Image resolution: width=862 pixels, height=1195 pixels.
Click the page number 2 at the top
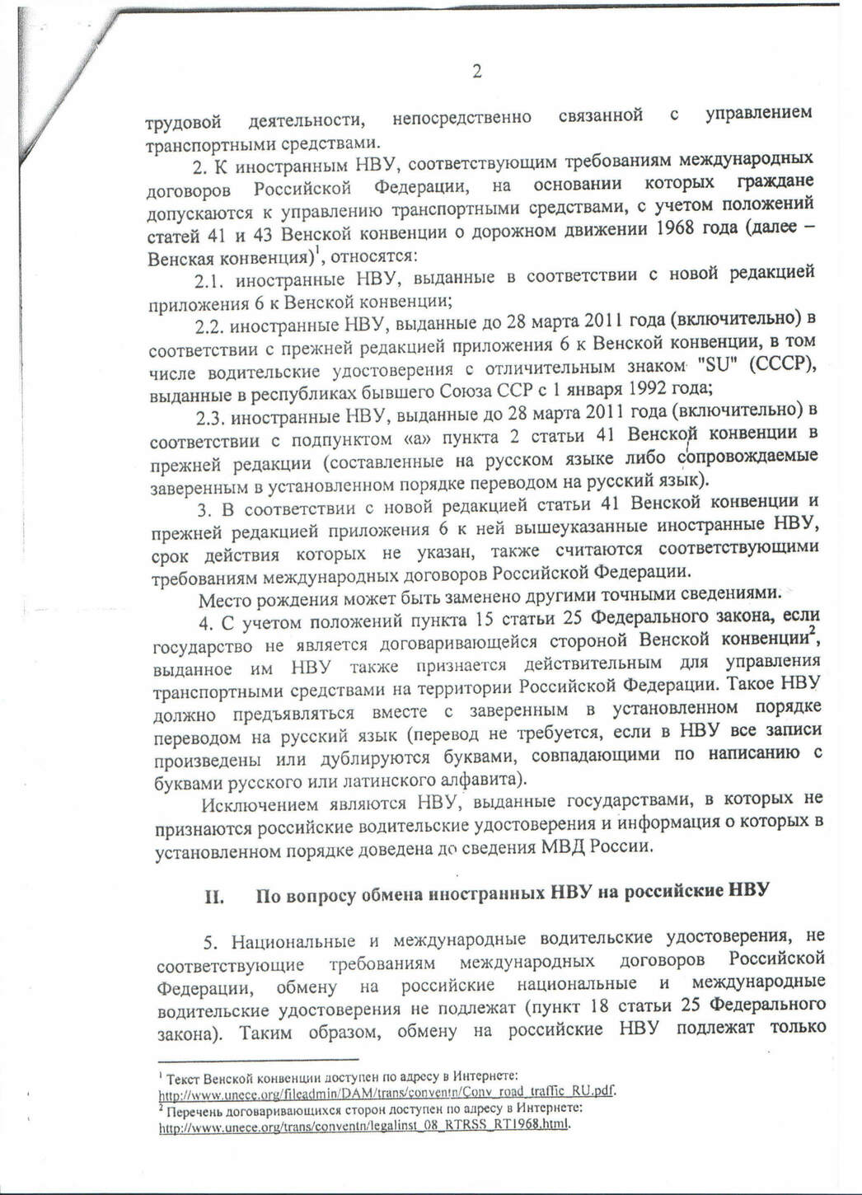tap(476, 72)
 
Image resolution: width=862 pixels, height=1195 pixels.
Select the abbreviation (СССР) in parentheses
tap(782, 364)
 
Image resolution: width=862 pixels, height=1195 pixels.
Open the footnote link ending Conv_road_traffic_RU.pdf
tap(386, 1093)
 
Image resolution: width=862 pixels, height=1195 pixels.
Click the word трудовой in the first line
tap(184, 123)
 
